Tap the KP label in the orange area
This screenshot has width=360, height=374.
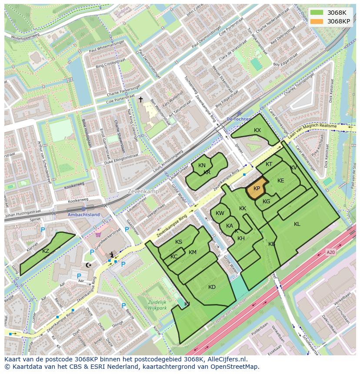[x=257, y=189]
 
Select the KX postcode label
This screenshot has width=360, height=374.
[x=257, y=130]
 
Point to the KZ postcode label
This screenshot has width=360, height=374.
[x=46, y=251]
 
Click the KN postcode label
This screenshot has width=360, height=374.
[x=202, y=165]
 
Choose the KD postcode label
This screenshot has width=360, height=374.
[x=212, y=287]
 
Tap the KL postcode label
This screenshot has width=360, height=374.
[x=297, y=224]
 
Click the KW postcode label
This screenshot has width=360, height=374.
[x=220, y=213]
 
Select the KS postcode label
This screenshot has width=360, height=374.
[x=179, y=242]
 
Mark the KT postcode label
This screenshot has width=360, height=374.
[x=269, y=164]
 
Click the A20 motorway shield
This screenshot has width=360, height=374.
[x=331, y=252]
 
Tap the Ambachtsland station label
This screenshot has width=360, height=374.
[x=83, y=215]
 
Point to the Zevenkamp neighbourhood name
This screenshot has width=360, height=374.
[x=143, y=191]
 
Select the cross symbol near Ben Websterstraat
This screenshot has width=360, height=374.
[x=140, y=99]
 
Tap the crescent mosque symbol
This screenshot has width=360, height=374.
[x=89, y=265]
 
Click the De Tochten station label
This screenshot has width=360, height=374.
[x=239, y=119]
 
